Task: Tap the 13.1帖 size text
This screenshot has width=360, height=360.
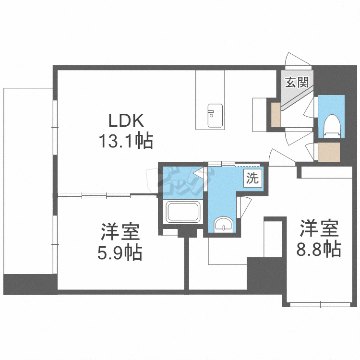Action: point(126,141)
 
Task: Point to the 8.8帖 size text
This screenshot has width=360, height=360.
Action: point(319,249)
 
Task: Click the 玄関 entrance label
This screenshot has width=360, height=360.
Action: point(297,82)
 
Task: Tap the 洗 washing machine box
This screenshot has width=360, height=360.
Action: point(252,179)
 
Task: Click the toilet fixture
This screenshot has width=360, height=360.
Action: point(331,126)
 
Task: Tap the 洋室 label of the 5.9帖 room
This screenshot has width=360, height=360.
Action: point(120,232)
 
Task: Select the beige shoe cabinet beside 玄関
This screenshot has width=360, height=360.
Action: point(276,115)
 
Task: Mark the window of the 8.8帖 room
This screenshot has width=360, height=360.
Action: point(319,303)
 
